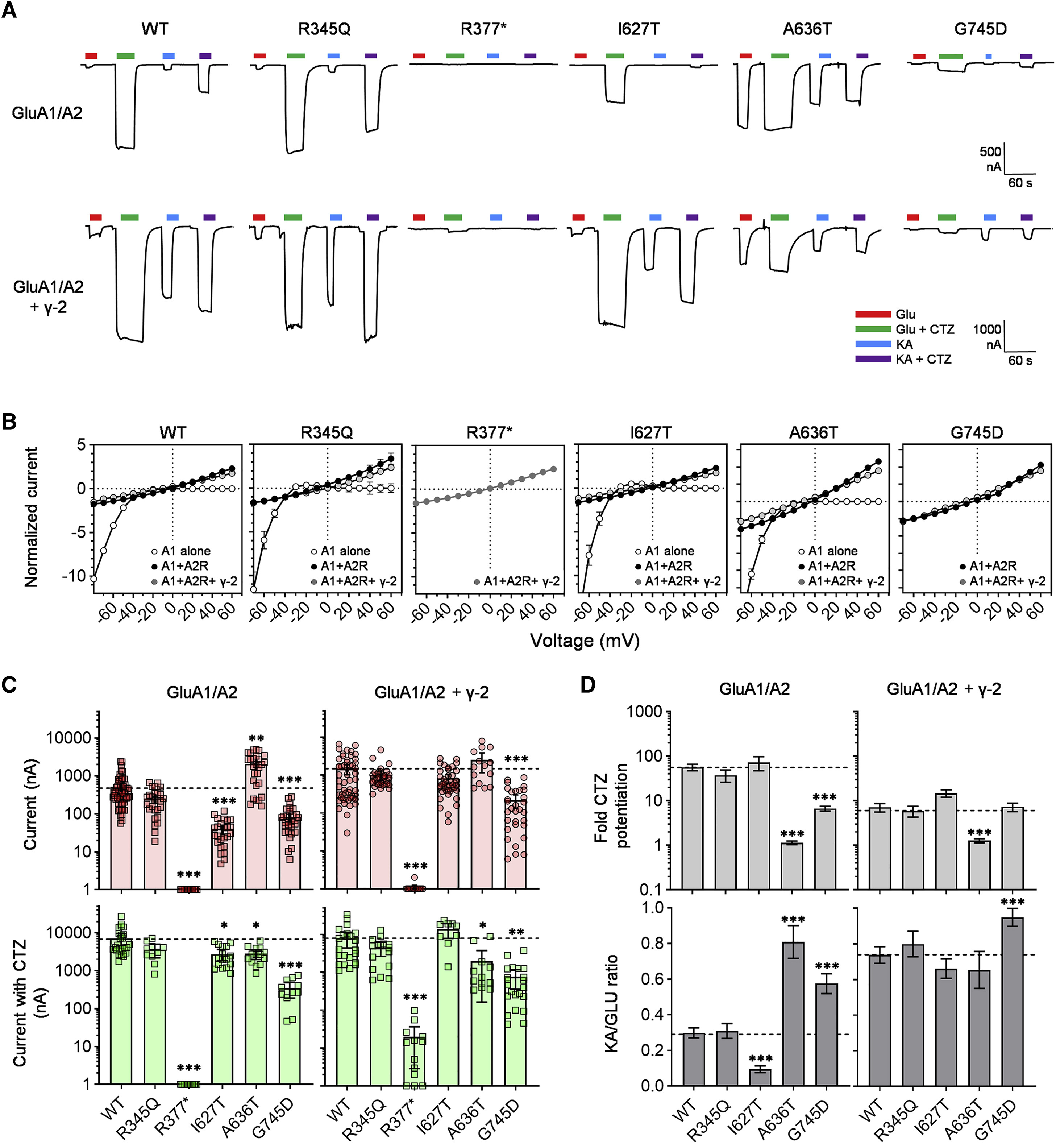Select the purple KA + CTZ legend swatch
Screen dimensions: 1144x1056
[873, 359]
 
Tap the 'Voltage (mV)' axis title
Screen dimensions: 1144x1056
[585, 641]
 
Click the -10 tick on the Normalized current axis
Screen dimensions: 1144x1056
[73, 575]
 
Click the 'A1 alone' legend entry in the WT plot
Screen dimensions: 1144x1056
[180, 551]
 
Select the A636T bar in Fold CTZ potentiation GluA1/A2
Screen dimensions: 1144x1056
[792, 866]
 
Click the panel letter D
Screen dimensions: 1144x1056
[588, 685]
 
